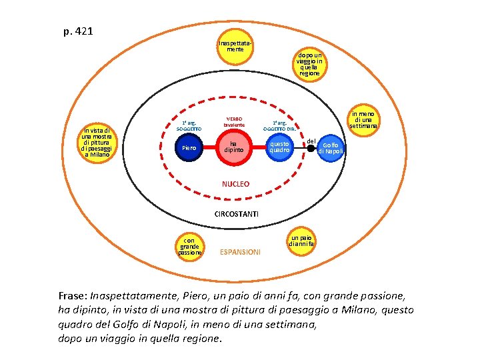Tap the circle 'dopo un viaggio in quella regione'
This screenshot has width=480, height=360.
click(309, 64)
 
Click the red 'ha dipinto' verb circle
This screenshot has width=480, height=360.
click(233, 147)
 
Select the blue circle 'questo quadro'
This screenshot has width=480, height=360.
click(279, 147)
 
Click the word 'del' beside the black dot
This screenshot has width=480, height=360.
click(311, 140)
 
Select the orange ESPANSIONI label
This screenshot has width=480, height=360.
click(241, 252)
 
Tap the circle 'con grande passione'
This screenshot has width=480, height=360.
click(189, 247)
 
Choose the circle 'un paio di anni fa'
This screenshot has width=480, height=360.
click(300, 241)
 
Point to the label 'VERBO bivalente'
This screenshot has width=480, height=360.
click(234, 122)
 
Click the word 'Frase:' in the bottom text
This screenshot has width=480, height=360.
click(73, 295)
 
